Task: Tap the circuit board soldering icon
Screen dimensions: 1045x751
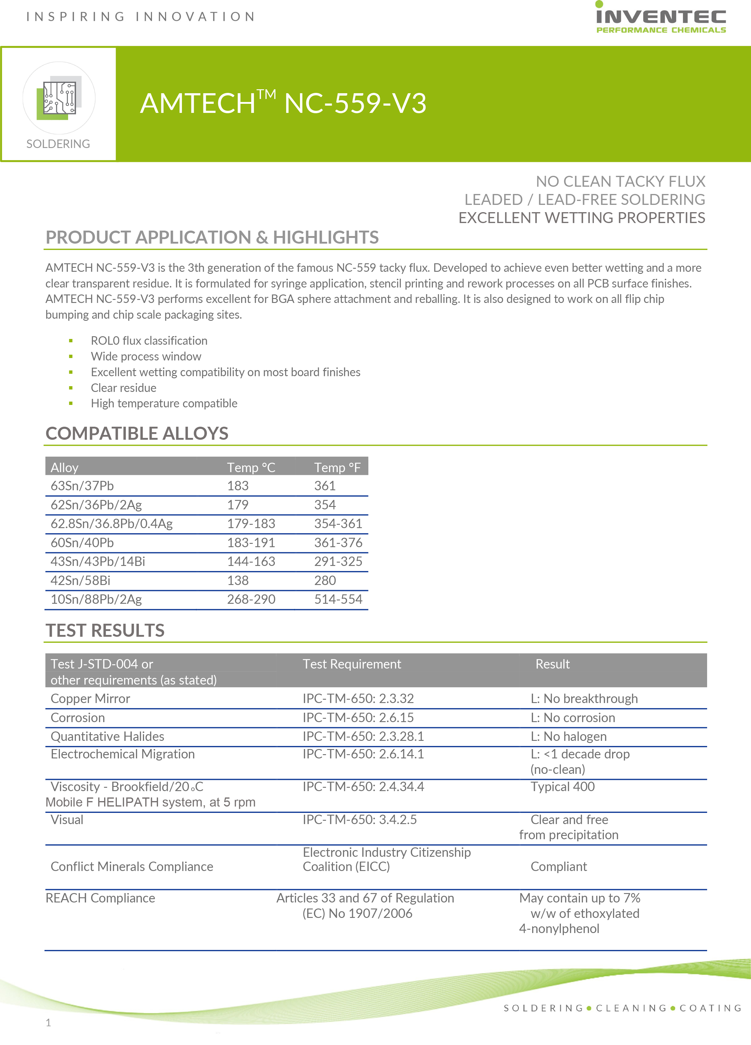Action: [x=59, y=98]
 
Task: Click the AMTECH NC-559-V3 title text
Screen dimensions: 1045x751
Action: [x=283, y=103]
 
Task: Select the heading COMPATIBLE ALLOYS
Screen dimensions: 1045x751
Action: [x=137, y=434]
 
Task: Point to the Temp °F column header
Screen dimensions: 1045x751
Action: [x=337, y=468]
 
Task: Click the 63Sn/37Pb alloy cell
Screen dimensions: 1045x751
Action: [x=82, y=486]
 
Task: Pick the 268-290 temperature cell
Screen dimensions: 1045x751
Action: [x=251, y=600]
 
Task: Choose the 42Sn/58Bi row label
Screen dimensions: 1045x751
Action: [x=80, y=580]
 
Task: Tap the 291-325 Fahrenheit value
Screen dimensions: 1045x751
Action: [x=338, y=562]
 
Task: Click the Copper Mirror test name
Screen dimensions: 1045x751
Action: [x=90, y=698]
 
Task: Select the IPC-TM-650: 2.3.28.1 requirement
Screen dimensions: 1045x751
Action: [x=363, y=736]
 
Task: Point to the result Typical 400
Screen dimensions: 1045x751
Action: [x=562, y=787]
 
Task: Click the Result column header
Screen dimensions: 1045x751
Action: [x=552, y=664]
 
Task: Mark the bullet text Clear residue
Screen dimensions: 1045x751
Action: [x=124, y=388]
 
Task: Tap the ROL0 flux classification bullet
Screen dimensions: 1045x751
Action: [x=149, y=340]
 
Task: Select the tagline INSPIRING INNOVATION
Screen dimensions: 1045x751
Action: [x=140, y=17]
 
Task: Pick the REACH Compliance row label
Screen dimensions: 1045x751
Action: [x=100, y=898]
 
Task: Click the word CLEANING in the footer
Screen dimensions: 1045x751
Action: [x=631, y=1008]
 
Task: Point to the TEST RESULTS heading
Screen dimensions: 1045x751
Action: [x=105, y=630]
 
